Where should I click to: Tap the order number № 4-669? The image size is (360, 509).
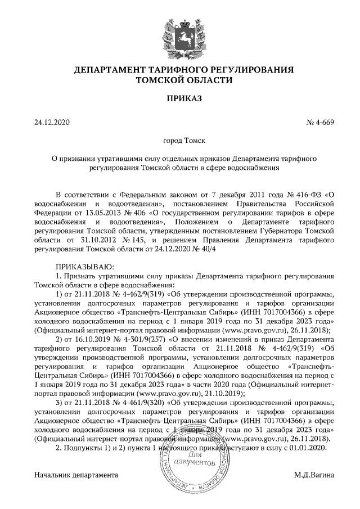319,122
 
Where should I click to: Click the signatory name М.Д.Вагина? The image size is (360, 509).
314,475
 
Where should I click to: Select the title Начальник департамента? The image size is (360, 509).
76,475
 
